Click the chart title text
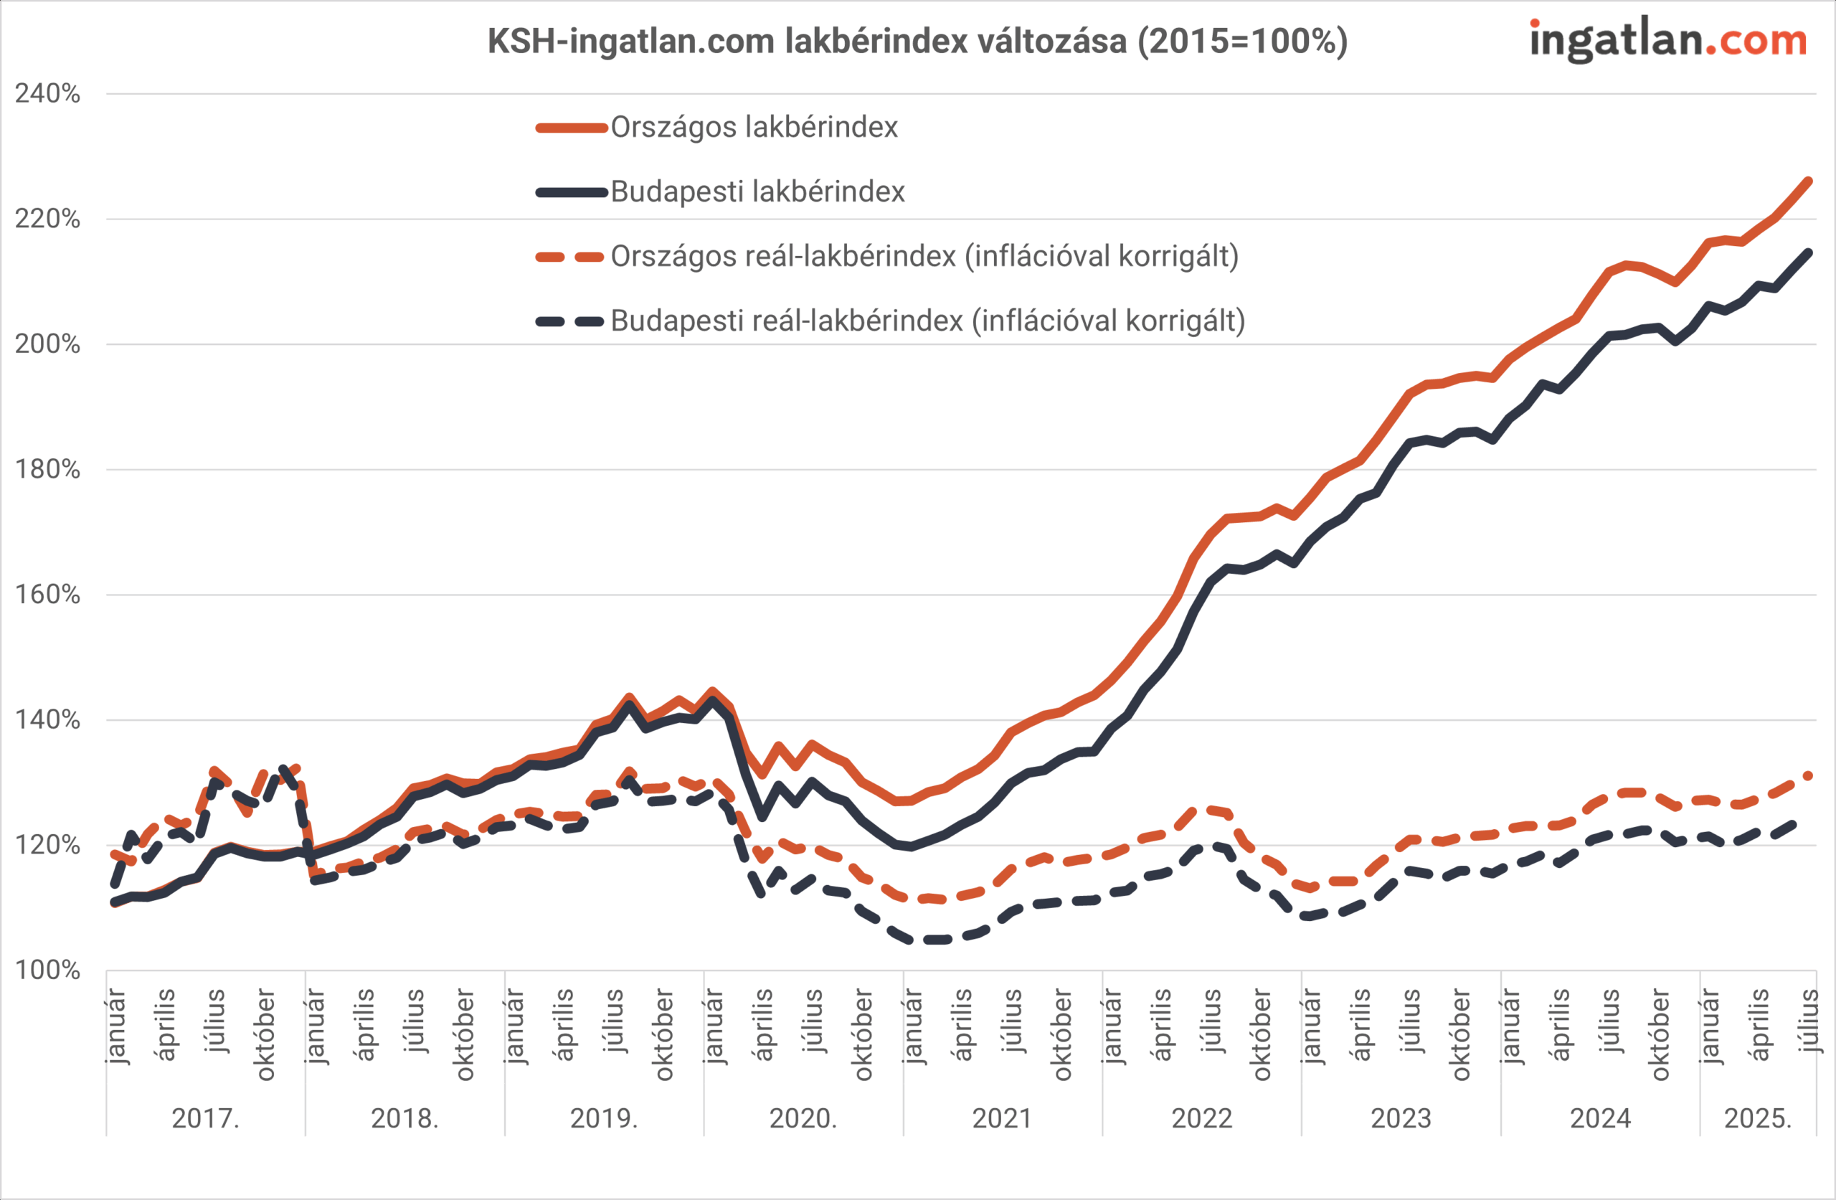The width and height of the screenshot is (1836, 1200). [917, 41]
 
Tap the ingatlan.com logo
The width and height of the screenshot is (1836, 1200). [1668, 39]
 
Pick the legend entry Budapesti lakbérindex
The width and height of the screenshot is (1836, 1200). [757, 192]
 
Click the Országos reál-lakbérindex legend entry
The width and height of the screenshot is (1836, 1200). [924, 256]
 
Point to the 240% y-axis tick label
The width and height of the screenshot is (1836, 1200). [48, 94]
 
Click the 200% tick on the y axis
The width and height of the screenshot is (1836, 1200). [48, 344]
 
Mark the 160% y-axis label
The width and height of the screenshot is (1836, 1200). [48, 595]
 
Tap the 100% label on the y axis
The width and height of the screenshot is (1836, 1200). [48, 970]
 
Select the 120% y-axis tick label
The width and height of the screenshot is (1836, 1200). [48, 845]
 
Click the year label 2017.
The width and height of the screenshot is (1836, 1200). [205, 1118]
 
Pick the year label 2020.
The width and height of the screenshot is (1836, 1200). [803, 1118]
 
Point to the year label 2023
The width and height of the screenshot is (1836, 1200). [1401, 1118]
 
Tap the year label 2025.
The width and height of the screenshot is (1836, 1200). [1757, 1118]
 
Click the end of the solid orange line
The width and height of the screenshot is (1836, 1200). [1808, 181]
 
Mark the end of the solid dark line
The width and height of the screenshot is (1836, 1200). [1808, 252]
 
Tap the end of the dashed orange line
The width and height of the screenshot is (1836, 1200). [1808, 775]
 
